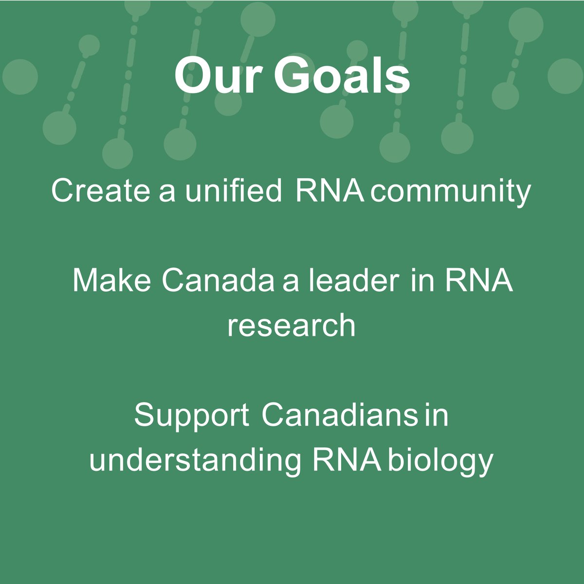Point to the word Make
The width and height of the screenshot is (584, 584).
(111, 281)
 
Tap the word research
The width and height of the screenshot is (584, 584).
(292, 325)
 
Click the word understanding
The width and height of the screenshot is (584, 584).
(195, 460)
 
